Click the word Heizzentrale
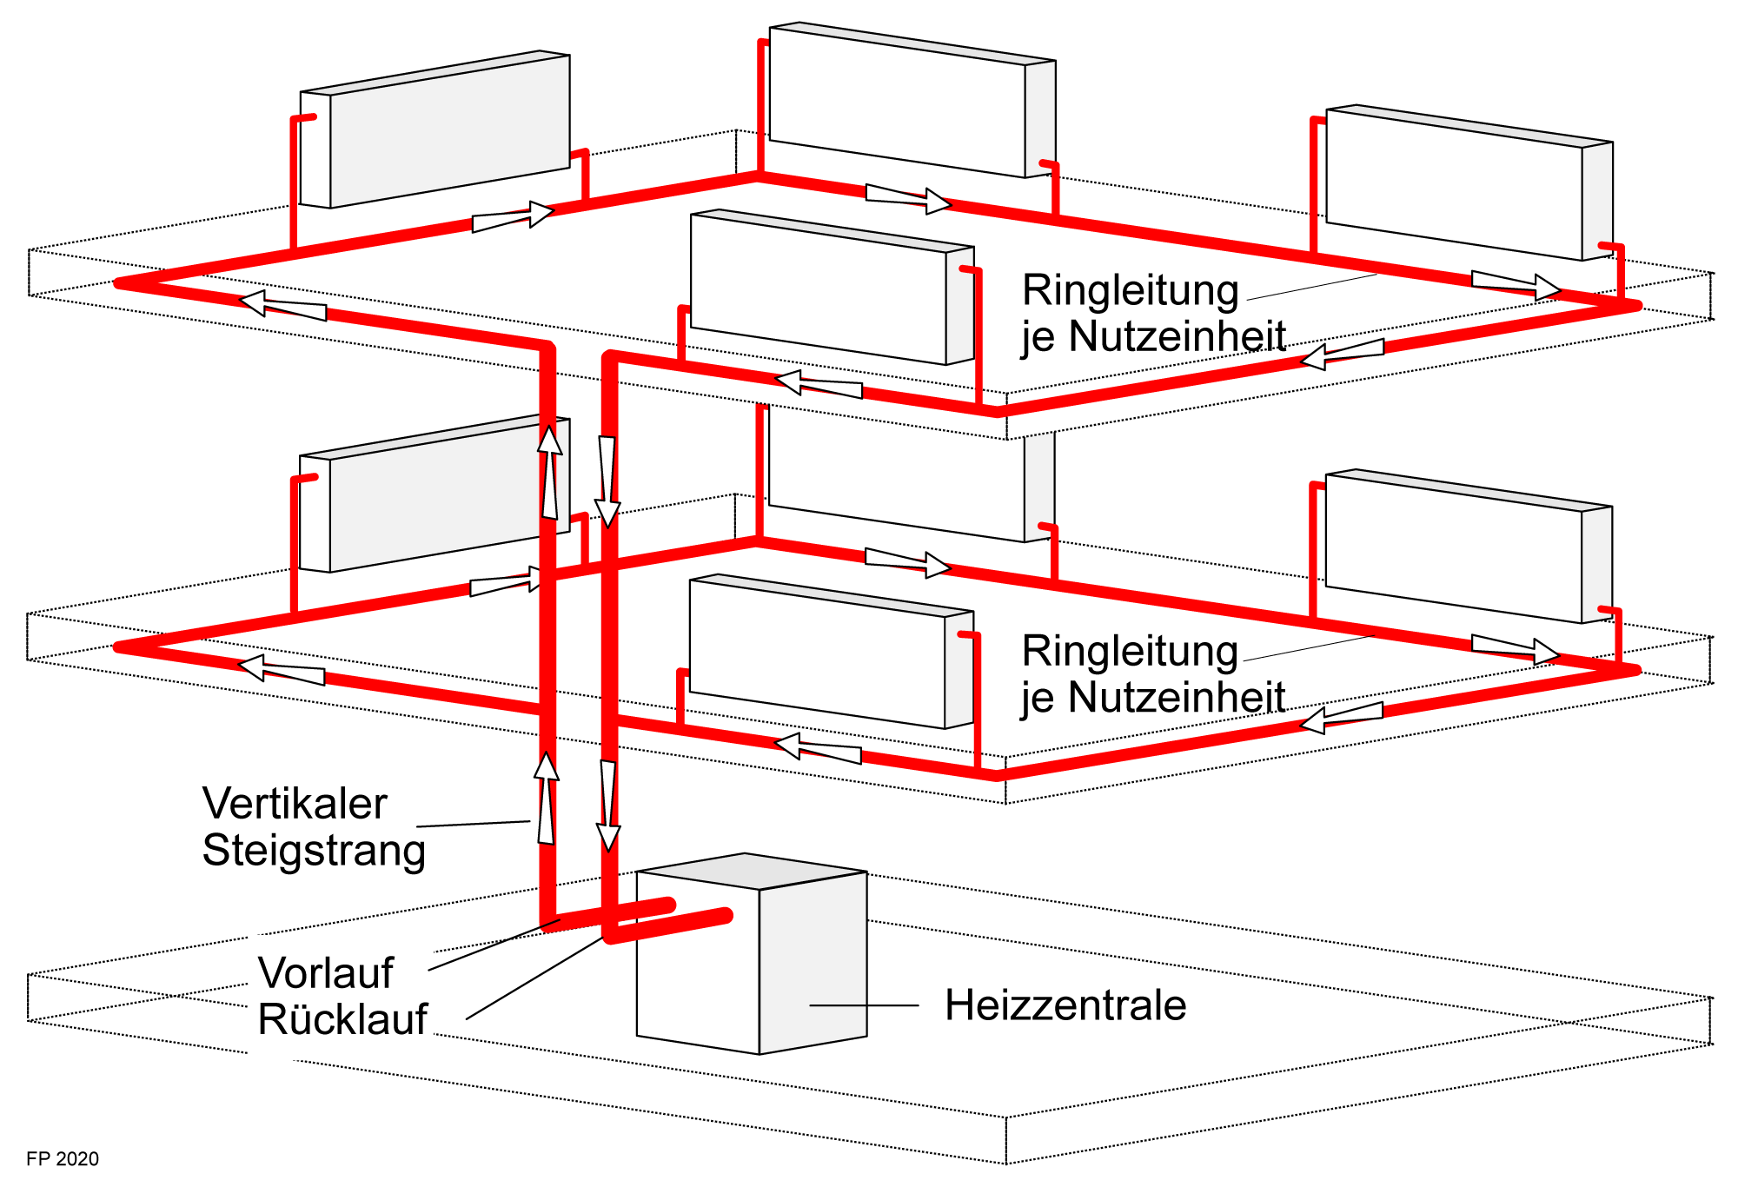pyautogui.click(x=1065, y=1005)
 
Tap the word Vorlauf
pyautogui.click(x=326, y=972)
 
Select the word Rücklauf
pyautogui.click(x=342, y=1019)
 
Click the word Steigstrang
pyautogui.click(x=314, y=850)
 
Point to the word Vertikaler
pyautogui.click(x=295, y=804)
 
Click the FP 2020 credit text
pyautogui.click(x=63, y=1158)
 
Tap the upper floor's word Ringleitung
pyautogui.click(x=1130, y=290)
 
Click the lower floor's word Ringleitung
pyautogui.click(x=1130, y=651)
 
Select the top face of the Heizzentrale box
pyautogui.click(x=752, y=871)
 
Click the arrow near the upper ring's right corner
pyautogui.click(x=1516, y=284)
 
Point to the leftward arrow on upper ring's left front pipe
pyautogui.click(x=282, y=306)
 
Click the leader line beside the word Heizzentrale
pyautogui.click(x=864, y=1005)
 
